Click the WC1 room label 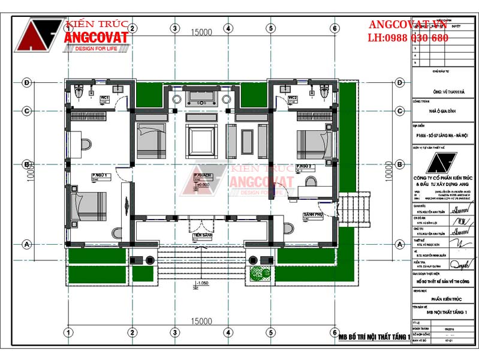pyautogui.click(x=104, y=97)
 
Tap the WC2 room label pyautogui.click(x=293, y=97)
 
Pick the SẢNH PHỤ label pyautogui.click(x=314, y=214)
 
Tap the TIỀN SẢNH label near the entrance pyautogui.click(x=202, y=236)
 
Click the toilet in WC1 pyautogui.click(x=80, y=92)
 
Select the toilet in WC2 pyautogui.click(x=324, y=92)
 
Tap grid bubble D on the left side pyautogui.click(x=26, y=82)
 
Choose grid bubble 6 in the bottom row pyautogui.click(x=335, y=332)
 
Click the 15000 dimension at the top pyautogui.click(x=202, y=32)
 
